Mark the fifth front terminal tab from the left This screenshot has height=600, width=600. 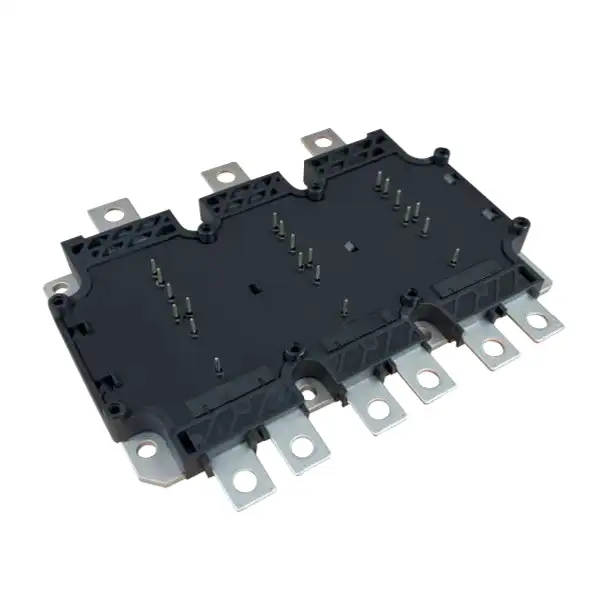489,345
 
